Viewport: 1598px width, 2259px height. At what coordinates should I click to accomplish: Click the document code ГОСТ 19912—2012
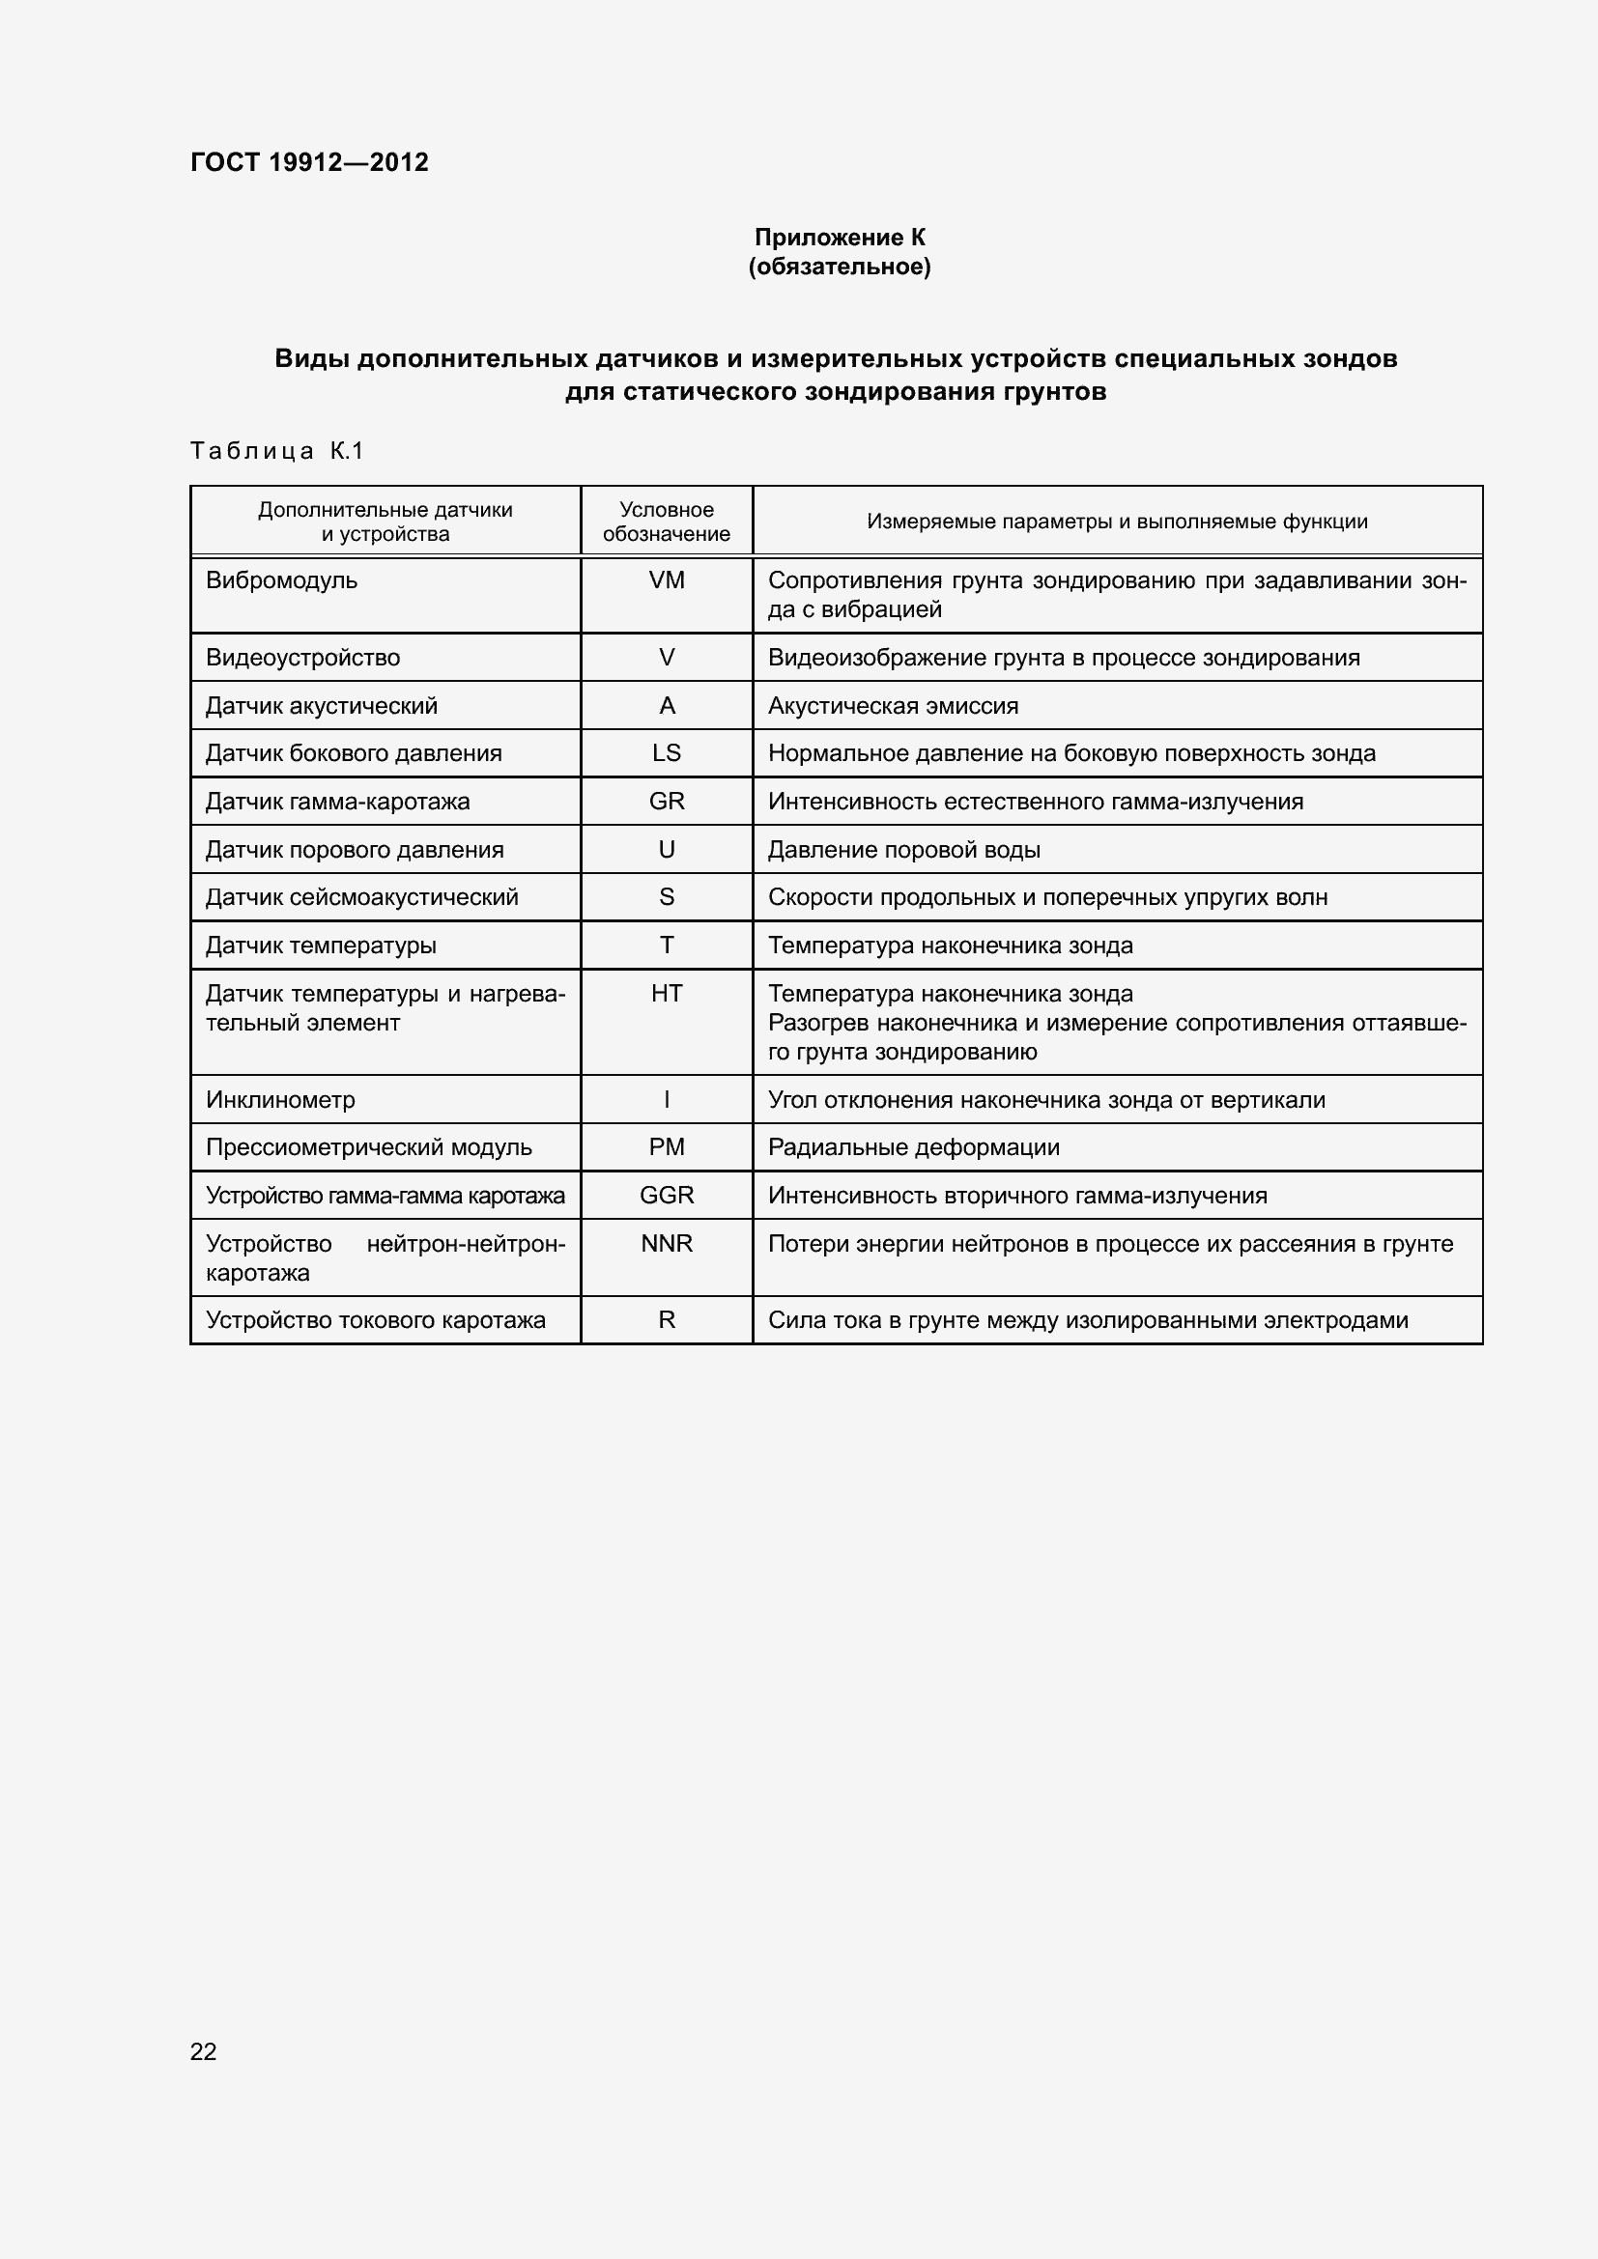click(309, 162)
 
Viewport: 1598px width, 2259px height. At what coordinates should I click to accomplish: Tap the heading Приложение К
click(840, 238)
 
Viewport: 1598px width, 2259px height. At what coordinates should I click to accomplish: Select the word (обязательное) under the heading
click(840, 267)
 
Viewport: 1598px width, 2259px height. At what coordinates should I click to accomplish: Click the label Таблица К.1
click(276, 451)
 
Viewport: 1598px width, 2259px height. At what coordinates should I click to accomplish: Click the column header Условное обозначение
click(667, 522)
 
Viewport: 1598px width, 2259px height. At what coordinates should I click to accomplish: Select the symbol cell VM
click(667, 580)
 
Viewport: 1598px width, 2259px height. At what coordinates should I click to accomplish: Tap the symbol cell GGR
click(667, 1196)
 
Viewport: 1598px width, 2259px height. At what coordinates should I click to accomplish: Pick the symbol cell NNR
click(667, 1244)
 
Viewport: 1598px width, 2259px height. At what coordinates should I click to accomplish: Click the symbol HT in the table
click(667, 994)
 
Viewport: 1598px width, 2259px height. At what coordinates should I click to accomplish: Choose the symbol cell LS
click(667, 753)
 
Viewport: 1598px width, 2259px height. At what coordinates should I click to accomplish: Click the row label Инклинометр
click(280, 1100)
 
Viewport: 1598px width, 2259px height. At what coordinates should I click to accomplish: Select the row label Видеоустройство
click(303, 659)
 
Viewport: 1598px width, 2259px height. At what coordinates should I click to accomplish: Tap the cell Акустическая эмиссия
click(893, 706)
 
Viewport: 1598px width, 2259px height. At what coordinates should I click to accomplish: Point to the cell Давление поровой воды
click(903, 850)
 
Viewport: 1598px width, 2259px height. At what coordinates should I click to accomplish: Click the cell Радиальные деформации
click(913, 1148)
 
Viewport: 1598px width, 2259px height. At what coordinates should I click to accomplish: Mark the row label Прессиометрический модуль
click(369, 1148)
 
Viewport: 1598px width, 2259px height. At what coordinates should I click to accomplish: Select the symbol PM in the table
click(667, 1148)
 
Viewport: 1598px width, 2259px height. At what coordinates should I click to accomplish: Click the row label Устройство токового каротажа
click(375, 1320)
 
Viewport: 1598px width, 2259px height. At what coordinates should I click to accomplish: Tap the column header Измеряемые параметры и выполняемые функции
click(1117, 522)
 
